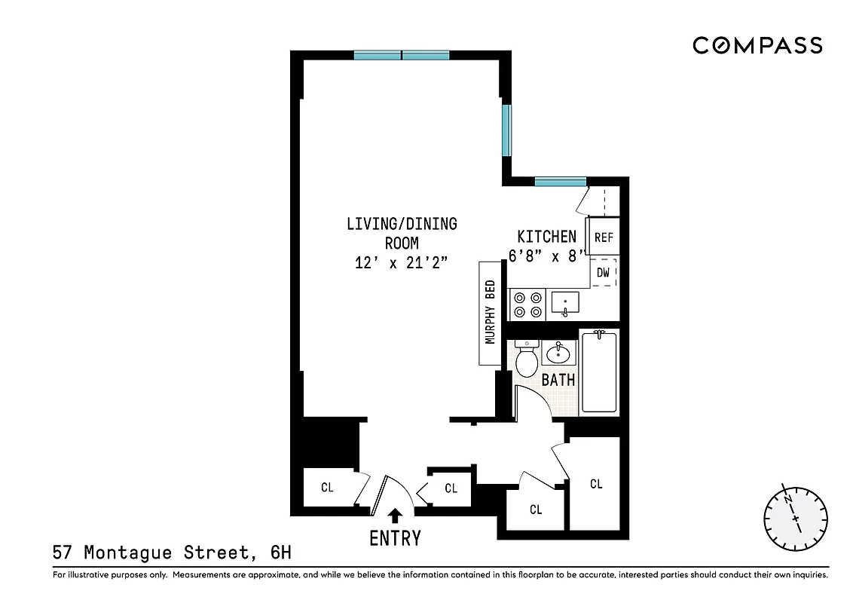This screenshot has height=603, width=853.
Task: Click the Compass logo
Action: tap(757, 46)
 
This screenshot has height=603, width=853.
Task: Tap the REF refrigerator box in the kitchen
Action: tap(604, 237)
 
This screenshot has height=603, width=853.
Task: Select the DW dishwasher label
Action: tap(603, 273)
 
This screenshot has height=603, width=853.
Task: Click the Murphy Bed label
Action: tap(490, 313)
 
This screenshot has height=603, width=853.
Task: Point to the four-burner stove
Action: tap(527, 304)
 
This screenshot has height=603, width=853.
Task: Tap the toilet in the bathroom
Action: tap(526, 359)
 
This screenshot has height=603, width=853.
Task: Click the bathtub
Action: tap(598, 372)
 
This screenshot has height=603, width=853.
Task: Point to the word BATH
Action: tap(558, 379)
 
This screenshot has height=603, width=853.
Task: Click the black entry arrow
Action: tap(393, 516)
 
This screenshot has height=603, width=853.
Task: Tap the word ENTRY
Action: tap(394, 538)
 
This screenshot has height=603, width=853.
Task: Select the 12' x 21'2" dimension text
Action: tap(401, 263)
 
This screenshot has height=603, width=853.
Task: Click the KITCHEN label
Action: tap(546, 237)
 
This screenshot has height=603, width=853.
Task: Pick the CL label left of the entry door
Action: tap(327, 488)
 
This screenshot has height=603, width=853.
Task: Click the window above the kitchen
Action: tap(561, 181)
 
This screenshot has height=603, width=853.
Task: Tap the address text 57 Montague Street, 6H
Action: tap(172, 553)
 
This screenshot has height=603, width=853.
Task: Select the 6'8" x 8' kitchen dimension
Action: tap(548, 256)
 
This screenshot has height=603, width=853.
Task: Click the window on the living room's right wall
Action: tap(507, 130)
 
